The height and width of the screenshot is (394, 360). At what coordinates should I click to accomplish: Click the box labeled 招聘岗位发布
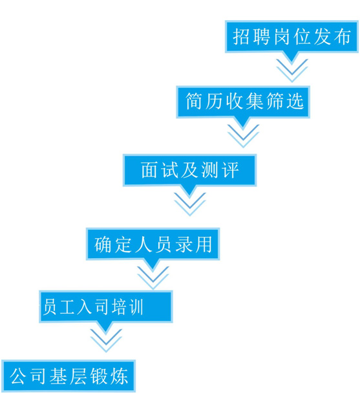click(x=291, y=37)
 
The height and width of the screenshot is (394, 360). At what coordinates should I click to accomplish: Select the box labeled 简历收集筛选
click(x=243, y=102)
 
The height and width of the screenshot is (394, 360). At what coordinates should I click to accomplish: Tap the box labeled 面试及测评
click(x=189, y=170)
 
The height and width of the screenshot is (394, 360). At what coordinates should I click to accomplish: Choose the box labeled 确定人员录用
click(x=153, y=244)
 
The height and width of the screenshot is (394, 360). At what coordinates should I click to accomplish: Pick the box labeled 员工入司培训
click(x=106, y=307)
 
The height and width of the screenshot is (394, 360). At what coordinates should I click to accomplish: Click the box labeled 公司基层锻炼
click(x=69, y=376)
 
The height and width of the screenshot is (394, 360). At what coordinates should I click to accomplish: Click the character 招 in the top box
click(x=240, y=37)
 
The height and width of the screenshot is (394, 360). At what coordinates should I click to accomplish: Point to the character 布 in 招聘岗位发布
click(x=342, y=37)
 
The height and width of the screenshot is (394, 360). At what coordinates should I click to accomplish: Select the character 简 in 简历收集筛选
click(x=193, y=101)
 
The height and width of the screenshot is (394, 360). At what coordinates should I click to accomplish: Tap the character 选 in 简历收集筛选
click(x=295, y=101)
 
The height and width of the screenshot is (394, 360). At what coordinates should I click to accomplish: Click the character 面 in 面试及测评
click(x=149, y=170)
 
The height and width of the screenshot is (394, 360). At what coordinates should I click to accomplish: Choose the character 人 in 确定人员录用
click(x=143, y=244)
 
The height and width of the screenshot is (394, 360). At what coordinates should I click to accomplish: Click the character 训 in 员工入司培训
click(x=134, y=307)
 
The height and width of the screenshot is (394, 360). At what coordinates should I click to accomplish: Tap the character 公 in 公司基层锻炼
click(x=18, y=376)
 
